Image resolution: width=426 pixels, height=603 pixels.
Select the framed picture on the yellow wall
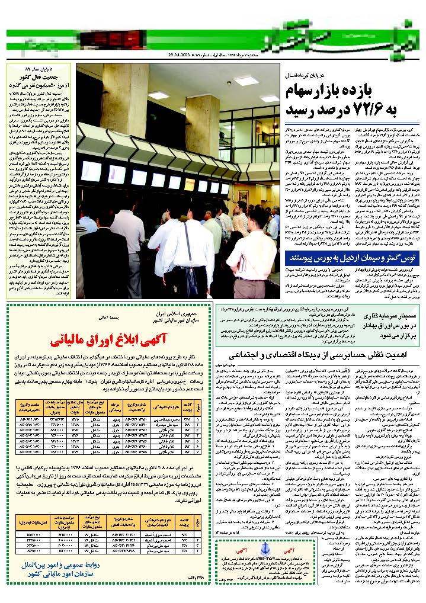point(243,195)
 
